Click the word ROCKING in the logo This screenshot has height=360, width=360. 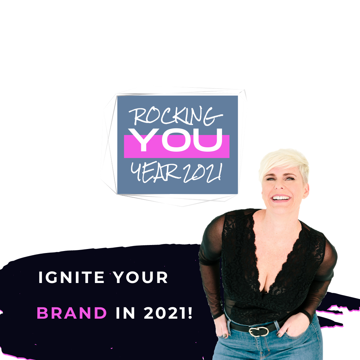click(x=176, y=116)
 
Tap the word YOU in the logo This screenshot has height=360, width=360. click(x=175, y=140)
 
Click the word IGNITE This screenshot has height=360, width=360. click(x=71, y=277)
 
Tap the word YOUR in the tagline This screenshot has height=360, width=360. click(x=141, y=277)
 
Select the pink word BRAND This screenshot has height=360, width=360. click(x=72, y=313)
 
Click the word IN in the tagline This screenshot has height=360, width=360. click(x=125, y=313)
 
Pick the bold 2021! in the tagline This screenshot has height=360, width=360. click(x=168, y=313)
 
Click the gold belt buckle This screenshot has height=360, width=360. click(x=259, y=332)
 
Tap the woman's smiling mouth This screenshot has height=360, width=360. click(x=281, y=198)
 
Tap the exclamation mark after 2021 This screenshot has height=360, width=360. click(x=190, y=313)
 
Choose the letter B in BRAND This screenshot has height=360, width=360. click(x=42, y=313)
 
